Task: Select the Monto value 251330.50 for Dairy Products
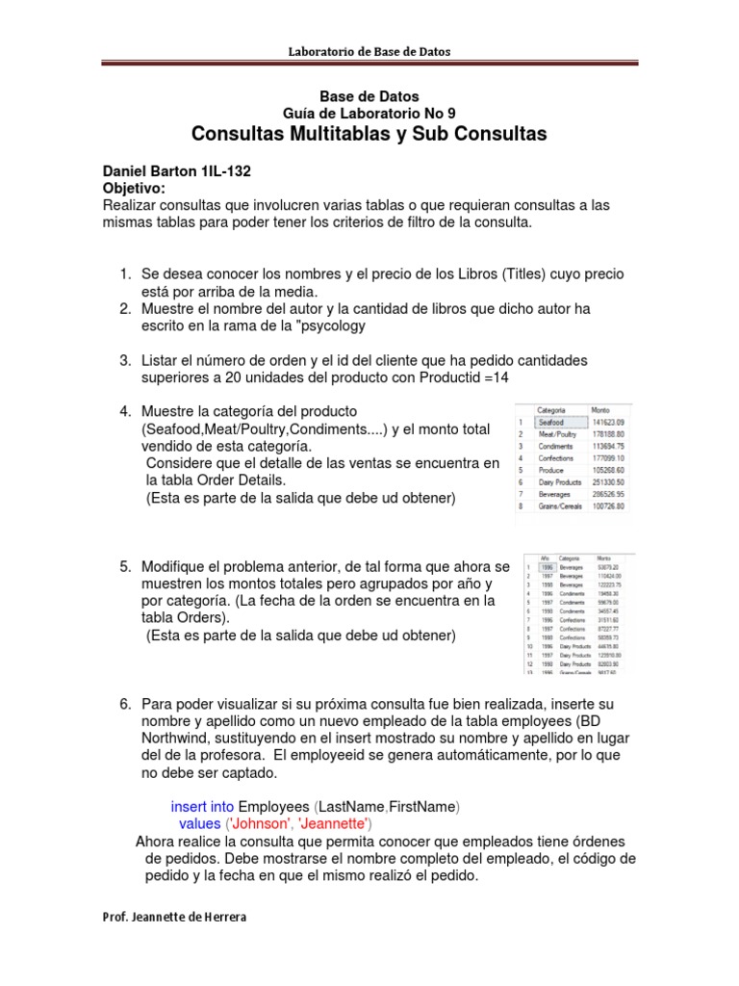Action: [608, 480]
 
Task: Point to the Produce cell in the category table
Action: [551, 469]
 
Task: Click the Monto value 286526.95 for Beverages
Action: [608, 493]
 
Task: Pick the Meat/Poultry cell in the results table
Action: [557, 433]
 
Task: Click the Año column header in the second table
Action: [546, 558]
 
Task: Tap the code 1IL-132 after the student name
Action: [227, 170]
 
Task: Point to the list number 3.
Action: [125, 360]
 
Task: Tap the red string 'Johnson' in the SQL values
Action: [258, 824]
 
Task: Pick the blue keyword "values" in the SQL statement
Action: [200, 824]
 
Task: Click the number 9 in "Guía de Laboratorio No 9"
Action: [451, 113]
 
